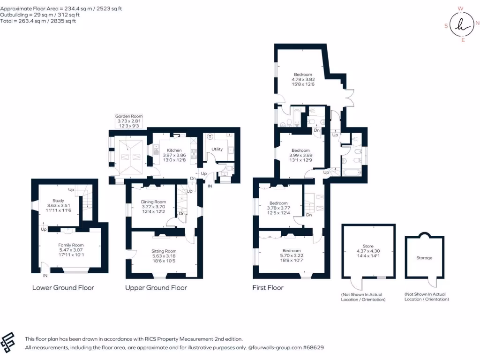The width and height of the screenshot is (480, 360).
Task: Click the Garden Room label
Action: coord(129,116)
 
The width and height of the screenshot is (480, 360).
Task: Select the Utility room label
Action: coord(217,149)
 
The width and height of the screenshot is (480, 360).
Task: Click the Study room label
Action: coord(58,201)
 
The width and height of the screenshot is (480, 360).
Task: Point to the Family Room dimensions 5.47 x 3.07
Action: coord(71,250)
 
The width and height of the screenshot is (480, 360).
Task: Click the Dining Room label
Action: coord(154,202)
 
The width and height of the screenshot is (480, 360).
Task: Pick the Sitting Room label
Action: coord(164,251)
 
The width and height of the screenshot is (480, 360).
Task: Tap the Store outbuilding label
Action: coord(368,246)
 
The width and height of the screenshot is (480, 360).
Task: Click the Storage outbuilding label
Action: coord(424,258)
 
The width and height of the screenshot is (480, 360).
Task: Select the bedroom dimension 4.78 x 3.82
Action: coord(303,79)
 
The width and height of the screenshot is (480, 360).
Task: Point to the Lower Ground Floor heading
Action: coord(63,287)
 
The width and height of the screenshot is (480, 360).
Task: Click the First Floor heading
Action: coord(268,287)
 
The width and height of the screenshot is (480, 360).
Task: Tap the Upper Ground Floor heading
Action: coord(156,287)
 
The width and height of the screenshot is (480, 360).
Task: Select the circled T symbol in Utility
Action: coord(210,137)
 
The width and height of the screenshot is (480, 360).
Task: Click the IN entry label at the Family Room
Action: coord(45,276)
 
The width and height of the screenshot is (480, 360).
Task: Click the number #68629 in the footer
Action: coord(313,348)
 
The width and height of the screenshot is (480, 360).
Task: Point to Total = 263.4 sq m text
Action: coord(38,21)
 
